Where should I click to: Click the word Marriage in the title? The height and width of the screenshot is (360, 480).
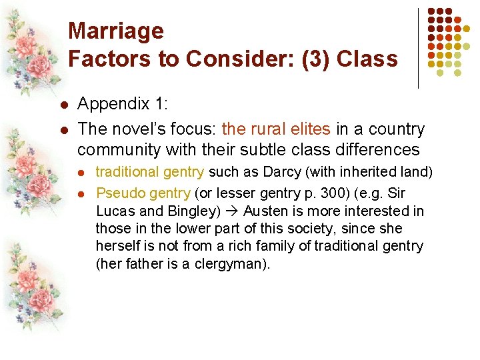[x=116, y=31]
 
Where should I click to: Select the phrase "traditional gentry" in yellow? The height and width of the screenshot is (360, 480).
[x=149, y=172]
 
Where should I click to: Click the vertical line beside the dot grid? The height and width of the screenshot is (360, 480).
[x=418, y=47]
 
